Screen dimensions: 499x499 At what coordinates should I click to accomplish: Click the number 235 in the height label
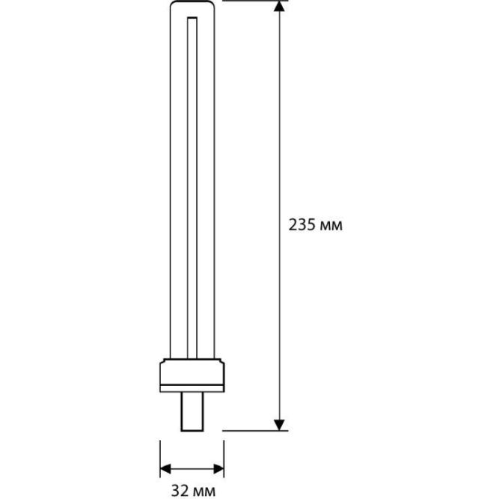pos(302,225)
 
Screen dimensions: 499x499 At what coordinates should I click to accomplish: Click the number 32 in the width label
pos(180,491)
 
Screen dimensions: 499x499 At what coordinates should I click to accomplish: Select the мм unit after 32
pos(203,492)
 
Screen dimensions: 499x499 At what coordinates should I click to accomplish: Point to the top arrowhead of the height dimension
pos(279,6)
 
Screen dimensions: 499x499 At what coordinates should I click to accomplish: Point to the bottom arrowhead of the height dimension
pos(279,425)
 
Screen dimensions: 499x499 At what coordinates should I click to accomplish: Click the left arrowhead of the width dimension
pos(165,468)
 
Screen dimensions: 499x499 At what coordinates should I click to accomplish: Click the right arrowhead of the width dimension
pos(218,468)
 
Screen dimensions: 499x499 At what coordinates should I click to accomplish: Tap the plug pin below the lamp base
pos(192,411)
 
